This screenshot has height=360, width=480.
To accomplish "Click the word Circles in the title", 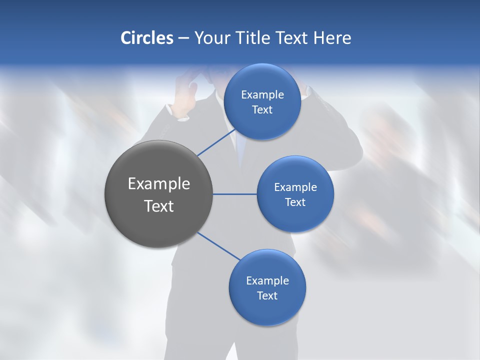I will tap(146, 38).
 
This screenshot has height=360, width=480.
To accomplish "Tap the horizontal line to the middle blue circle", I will tap(234, 194).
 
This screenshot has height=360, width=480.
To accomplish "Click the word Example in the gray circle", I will tap(158, 184).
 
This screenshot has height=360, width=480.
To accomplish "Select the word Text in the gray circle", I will tap(158, 206).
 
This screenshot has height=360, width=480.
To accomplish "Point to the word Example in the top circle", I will tap(262, 94).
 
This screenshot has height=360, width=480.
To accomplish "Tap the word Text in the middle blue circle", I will tap(295, 202).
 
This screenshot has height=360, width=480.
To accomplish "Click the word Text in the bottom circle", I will tap(267, 295).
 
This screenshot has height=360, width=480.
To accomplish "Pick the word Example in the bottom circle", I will tap(267, 280).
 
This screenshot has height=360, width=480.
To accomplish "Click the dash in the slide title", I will tap(183, 38).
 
